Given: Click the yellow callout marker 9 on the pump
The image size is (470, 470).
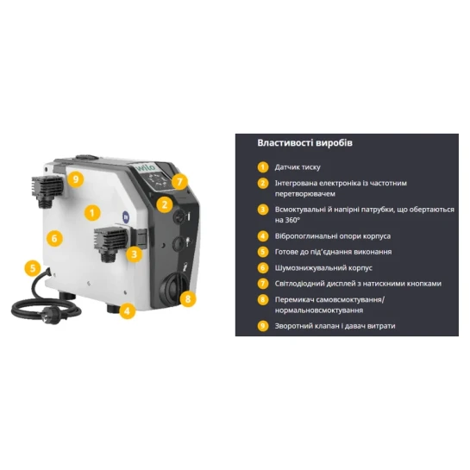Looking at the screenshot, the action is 76,179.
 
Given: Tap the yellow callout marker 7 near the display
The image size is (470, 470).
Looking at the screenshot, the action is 179,182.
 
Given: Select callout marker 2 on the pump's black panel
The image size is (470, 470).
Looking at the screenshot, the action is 164,204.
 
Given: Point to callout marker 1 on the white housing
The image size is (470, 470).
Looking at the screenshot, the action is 92,213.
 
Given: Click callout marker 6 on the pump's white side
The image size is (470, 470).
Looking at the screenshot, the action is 54,239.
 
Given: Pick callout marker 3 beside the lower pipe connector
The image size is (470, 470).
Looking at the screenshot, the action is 134,254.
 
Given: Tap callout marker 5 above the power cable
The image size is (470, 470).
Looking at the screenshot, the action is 33,267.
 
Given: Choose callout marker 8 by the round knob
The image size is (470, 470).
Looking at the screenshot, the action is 188,299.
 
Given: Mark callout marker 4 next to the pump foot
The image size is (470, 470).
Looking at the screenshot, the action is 127,310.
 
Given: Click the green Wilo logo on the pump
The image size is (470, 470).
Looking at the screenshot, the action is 146,167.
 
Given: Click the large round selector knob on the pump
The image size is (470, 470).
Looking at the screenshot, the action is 173,287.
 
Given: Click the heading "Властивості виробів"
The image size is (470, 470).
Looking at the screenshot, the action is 304,142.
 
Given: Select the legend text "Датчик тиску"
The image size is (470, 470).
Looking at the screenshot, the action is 298,167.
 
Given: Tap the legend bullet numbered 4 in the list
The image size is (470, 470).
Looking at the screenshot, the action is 263,236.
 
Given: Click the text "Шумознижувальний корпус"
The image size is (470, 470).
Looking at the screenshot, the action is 323,267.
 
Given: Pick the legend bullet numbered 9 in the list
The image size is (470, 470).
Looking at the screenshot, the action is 263,326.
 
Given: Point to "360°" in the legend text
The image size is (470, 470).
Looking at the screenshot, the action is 292,220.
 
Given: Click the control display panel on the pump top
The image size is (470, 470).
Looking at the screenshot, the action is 157,180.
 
